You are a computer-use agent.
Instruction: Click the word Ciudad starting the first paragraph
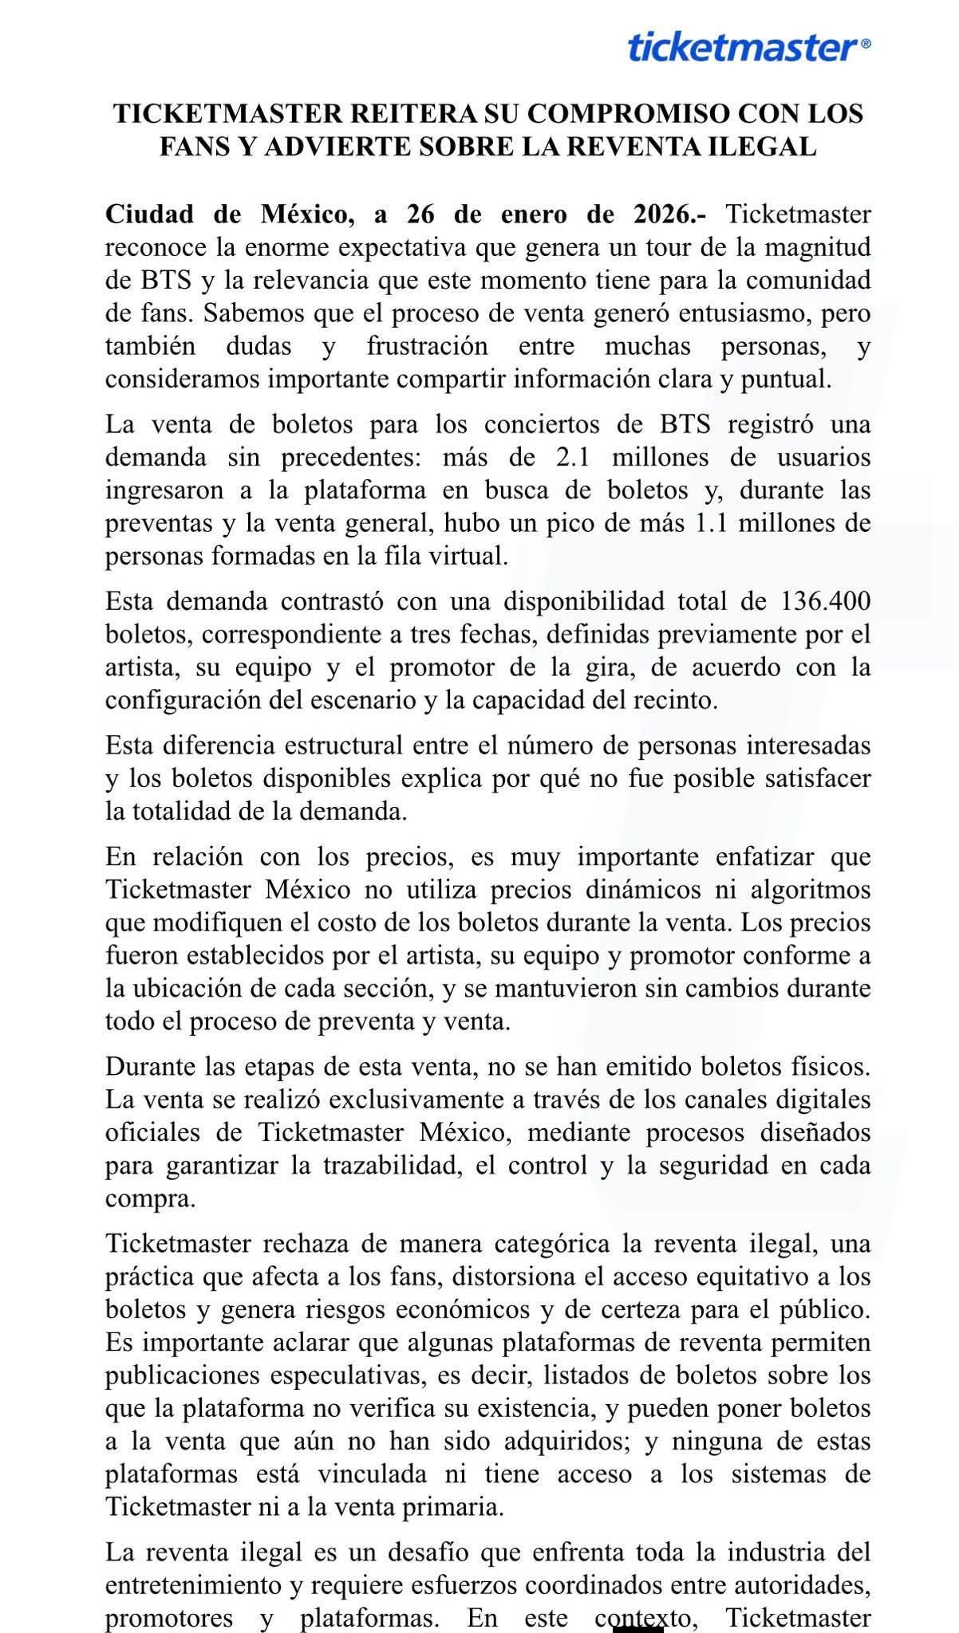click(x=149, y=214)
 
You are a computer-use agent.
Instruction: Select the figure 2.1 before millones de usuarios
click(x=574, y=458)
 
